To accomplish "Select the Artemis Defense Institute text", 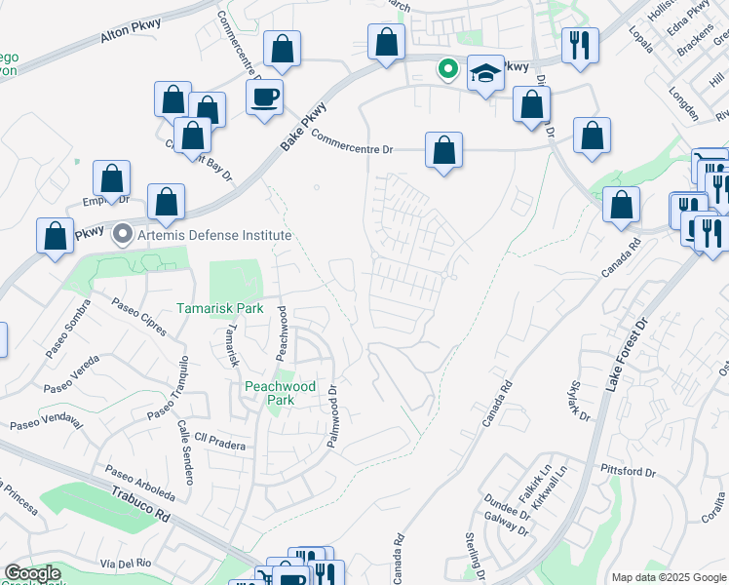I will pos(203,235).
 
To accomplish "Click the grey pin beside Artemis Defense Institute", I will pos(122,234).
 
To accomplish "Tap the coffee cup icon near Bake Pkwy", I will pos(264,97).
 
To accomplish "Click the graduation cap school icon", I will pos(484,74).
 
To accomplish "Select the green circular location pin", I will pos(447,68).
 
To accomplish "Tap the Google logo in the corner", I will pos(32,573).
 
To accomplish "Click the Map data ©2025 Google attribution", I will pos(669,577).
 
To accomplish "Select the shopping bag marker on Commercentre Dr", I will pos(443,151).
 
